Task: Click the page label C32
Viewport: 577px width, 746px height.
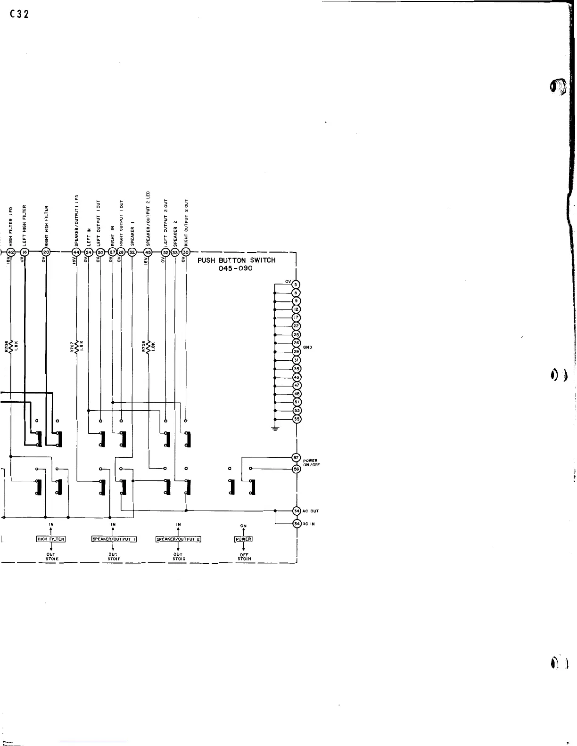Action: pyautogui.click(x=19, y=14)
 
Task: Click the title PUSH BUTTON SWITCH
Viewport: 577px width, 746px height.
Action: pyautogui.click(x=236, y=260)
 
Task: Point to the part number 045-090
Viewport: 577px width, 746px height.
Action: pyautogui.click(x=236, y=268)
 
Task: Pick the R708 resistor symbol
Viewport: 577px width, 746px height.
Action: pyautogui.click(x=148, y=347)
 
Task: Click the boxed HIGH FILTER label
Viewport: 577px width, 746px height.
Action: pyautogui.click(x=50, y=539)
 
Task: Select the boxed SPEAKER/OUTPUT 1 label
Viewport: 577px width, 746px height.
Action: pyautogui.click(x=114, y=539)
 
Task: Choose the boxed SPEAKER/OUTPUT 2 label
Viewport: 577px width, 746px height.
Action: pyautogui.click(x=178, y=539)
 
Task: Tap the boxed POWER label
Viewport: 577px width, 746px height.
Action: pyautogui.click(x=243, y=539)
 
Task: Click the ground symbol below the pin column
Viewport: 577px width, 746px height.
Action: pyautogui.click(x=275, y=428)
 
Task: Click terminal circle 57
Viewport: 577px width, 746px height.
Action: pyautogui.click(x=297, y=458)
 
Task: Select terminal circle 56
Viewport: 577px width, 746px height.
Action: pyautogui.click(x=297, y=469)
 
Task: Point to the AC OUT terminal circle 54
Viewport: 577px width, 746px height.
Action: pyautogui.click(x=297, y=511)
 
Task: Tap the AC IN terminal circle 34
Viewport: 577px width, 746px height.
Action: pyautogui.click(x=297, y=524)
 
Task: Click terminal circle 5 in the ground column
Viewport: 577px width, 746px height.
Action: pyautogui.click(x=297, y=284)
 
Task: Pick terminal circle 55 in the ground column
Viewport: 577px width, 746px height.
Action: pyautogui.click(x=297, y=419)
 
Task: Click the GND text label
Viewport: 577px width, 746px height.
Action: pyautogui.click(x=307, y=348)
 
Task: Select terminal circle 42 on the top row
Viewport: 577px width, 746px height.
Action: pyautogui.click(x=11, y=252)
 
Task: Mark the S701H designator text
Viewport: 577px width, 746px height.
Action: pyautogui.click(x=243, y=559)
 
